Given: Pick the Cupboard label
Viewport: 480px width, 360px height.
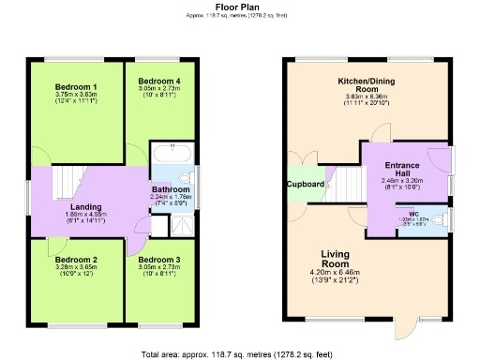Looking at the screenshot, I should pos(305,185).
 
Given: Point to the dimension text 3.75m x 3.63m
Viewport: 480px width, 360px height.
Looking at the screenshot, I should pos(75,94).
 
